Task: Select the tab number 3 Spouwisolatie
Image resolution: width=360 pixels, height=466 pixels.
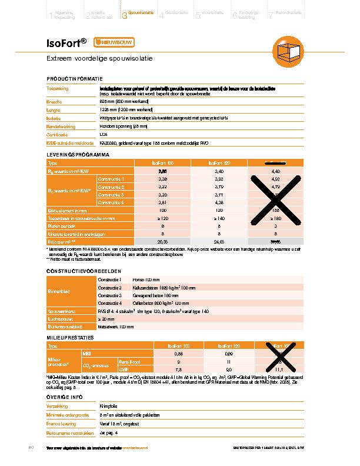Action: (137, 12)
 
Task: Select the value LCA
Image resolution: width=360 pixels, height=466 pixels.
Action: (104, 134)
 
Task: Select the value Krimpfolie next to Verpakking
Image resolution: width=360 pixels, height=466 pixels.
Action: (109, 407)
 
